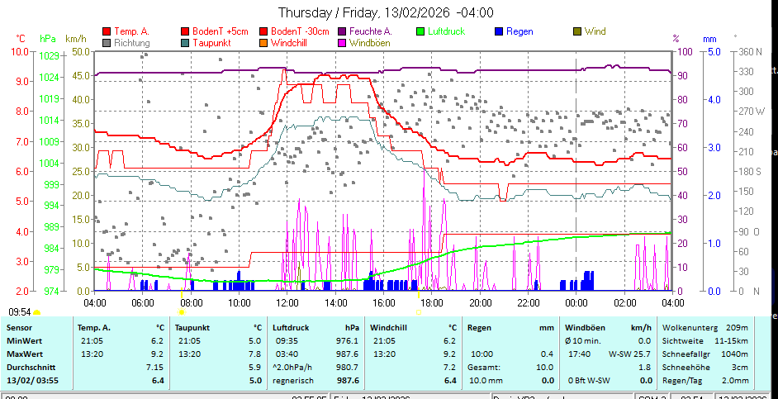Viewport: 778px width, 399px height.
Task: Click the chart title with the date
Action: tap(386, 12)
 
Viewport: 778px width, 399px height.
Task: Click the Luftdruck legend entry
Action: tap(446, 31)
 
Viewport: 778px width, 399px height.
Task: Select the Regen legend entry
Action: tap(519, 31)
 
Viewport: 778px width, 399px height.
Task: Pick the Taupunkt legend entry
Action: tap(211, 42)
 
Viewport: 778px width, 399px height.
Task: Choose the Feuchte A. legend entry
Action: tap(370, 31)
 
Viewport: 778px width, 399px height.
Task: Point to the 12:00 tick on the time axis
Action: tap(287, 303)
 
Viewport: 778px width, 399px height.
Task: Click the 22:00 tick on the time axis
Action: tap(528, 303)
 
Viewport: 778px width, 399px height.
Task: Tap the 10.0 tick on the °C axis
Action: tap(19, 51)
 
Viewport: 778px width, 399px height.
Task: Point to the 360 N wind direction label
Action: tap(748, 51)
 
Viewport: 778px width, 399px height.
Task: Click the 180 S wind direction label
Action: tap(748, 171)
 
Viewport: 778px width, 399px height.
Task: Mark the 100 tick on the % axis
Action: tap(685, 51)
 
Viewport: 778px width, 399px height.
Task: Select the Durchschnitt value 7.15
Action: tap(154, 366)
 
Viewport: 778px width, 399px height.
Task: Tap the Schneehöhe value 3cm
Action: tap(740, 366)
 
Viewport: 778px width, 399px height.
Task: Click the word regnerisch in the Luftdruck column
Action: tap(292, 380)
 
